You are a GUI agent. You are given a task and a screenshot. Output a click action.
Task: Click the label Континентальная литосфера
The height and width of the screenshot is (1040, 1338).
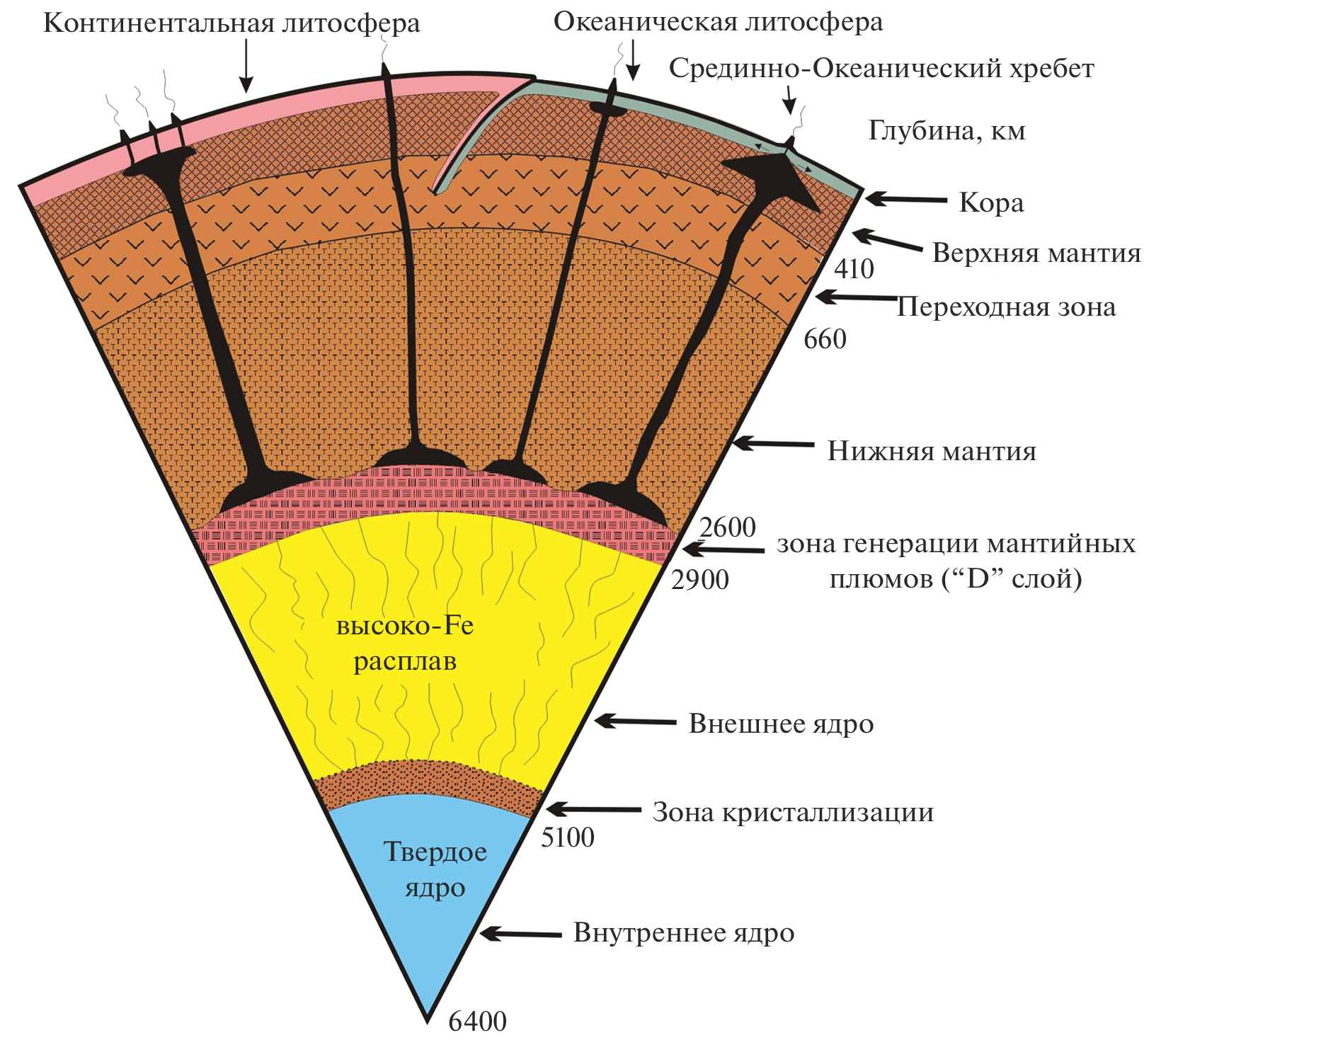point(231,23)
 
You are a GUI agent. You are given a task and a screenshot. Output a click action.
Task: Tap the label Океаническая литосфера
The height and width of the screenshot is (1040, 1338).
point(718,22)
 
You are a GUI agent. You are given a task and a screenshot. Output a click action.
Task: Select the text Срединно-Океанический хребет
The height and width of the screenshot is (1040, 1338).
point(881,69)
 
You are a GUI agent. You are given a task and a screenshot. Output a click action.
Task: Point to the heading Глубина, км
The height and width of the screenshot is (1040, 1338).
point(947,131)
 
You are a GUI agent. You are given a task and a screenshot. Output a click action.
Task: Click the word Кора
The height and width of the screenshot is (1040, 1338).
point(991,203)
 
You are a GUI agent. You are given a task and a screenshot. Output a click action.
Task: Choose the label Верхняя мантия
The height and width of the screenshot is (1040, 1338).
point(1036,253)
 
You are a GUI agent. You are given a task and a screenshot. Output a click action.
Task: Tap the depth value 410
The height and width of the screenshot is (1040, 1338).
point(854,269)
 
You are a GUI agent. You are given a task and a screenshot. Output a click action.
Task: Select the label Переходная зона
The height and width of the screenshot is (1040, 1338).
point(1006,307)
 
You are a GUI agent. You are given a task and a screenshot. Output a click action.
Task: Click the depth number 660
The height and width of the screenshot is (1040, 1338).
point(825,339)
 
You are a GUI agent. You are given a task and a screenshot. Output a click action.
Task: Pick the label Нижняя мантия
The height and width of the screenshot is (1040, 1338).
point(932,452)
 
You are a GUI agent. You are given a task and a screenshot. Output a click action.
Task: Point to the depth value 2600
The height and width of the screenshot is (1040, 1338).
point(727,527)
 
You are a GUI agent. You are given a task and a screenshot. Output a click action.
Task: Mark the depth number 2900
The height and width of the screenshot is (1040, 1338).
point(699,580)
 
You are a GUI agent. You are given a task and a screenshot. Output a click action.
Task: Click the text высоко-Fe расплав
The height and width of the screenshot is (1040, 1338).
point(405,644)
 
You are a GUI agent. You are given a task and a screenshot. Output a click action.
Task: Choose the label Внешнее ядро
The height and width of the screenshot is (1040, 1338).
point(781,724)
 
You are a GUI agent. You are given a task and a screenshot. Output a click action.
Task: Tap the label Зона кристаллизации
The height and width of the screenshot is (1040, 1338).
point(793,813)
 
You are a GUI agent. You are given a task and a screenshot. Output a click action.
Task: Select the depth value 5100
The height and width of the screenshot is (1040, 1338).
point(567,838)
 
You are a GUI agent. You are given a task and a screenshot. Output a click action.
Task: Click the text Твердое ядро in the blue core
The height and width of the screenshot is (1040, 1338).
point(435,869)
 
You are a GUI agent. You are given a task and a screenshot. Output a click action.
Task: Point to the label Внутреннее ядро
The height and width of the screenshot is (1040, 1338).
point(683,933)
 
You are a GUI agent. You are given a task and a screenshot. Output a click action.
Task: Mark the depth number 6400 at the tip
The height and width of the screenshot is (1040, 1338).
point(477,1022)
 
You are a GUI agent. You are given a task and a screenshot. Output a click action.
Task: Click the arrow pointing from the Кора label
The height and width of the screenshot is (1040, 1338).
point(905,200)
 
